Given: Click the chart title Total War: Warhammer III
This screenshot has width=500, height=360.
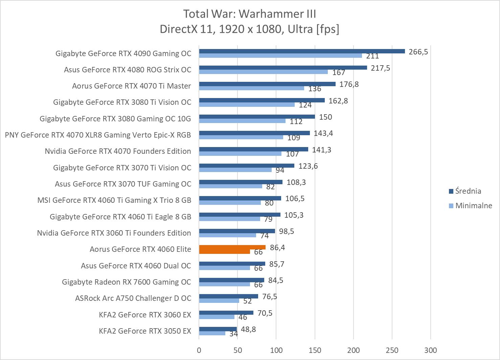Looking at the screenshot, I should point(250,14).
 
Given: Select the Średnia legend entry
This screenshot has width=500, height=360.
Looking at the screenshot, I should point(468,191).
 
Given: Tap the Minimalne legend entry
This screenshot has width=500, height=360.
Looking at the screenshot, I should point(473,206).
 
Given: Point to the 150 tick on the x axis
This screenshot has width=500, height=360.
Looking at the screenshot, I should point(315,350).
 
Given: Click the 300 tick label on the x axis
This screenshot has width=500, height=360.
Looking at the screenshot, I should point(431,350).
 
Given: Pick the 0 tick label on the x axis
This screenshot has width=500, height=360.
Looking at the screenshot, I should point(199,350).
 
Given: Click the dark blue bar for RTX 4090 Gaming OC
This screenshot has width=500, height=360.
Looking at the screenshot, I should point(302,51).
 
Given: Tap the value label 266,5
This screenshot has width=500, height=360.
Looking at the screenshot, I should point(418,52).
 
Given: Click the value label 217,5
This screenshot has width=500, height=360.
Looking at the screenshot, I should point(380,68).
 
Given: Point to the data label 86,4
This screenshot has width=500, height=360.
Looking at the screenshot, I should point(277,247).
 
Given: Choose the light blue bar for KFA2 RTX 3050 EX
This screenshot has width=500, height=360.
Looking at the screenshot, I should point(212,333).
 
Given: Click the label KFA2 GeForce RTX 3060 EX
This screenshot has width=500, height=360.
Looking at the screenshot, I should point(145,315).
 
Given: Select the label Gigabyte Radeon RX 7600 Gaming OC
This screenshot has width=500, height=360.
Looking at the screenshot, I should point(126,282).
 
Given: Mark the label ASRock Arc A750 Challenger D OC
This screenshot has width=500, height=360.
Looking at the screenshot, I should point(133,298).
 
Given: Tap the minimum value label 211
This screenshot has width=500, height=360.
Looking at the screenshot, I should point(372,56).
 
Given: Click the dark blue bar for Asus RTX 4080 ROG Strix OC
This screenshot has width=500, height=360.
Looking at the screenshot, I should point(283,68).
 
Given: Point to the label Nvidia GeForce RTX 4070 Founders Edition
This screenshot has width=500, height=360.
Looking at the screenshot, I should point(118,151).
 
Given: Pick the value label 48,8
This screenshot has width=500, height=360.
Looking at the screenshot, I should point(248,329).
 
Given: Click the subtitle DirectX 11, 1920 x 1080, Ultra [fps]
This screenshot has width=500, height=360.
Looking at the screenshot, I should point(250,29).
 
